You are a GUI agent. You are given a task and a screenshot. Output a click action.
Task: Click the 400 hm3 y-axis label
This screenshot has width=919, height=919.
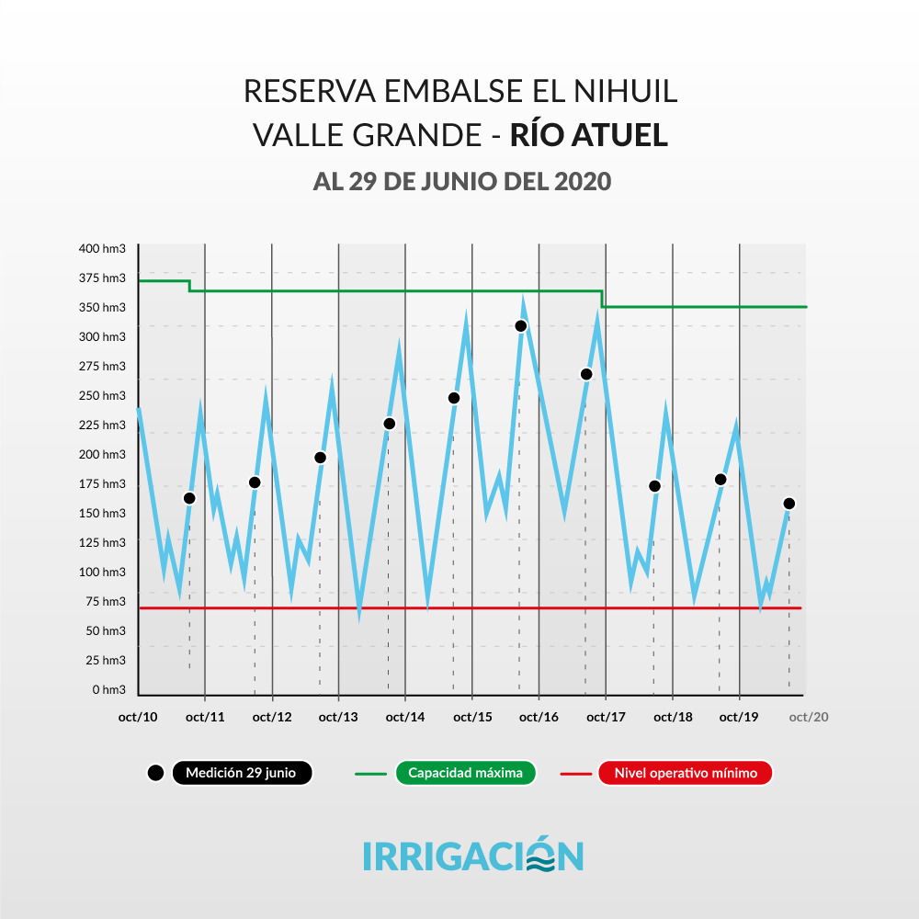coord(102,248)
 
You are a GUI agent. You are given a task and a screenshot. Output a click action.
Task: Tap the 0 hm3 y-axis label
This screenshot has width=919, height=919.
coord(108,689)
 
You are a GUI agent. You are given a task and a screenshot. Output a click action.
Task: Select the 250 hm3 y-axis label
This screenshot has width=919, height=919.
coord(102,395)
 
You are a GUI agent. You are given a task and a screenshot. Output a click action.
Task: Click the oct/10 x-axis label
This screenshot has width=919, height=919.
coord(138,717)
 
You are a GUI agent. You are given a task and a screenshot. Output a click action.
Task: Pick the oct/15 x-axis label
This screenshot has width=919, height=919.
coord(471,717)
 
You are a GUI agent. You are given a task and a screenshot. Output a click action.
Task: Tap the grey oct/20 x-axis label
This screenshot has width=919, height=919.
coord(809,717)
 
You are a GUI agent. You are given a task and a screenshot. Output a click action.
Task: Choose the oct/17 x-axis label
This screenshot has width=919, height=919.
coord(606,717)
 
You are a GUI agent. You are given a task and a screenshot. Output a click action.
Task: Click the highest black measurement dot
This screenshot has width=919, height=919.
coord(521,325)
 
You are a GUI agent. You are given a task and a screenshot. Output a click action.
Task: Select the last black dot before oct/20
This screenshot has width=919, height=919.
coord(789,504)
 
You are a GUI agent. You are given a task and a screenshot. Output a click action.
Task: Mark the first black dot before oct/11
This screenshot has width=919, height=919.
coord(189,498)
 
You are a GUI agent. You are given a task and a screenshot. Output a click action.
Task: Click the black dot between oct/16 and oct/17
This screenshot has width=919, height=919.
coord(586,374)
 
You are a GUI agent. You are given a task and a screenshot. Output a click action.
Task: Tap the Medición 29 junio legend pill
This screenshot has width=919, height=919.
coord(241,773)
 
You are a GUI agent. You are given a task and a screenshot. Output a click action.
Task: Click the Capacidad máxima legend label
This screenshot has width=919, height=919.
coord(465,773)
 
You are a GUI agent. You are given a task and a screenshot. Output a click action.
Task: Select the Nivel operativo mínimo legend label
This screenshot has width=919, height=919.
coord(686,773)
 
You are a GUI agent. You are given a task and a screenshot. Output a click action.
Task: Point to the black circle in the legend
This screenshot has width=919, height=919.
coord(155,773)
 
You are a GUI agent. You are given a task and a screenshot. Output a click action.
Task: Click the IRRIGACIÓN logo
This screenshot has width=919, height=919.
coord(472,855)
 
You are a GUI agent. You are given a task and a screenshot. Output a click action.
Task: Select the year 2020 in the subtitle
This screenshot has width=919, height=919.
coord(583,181)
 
